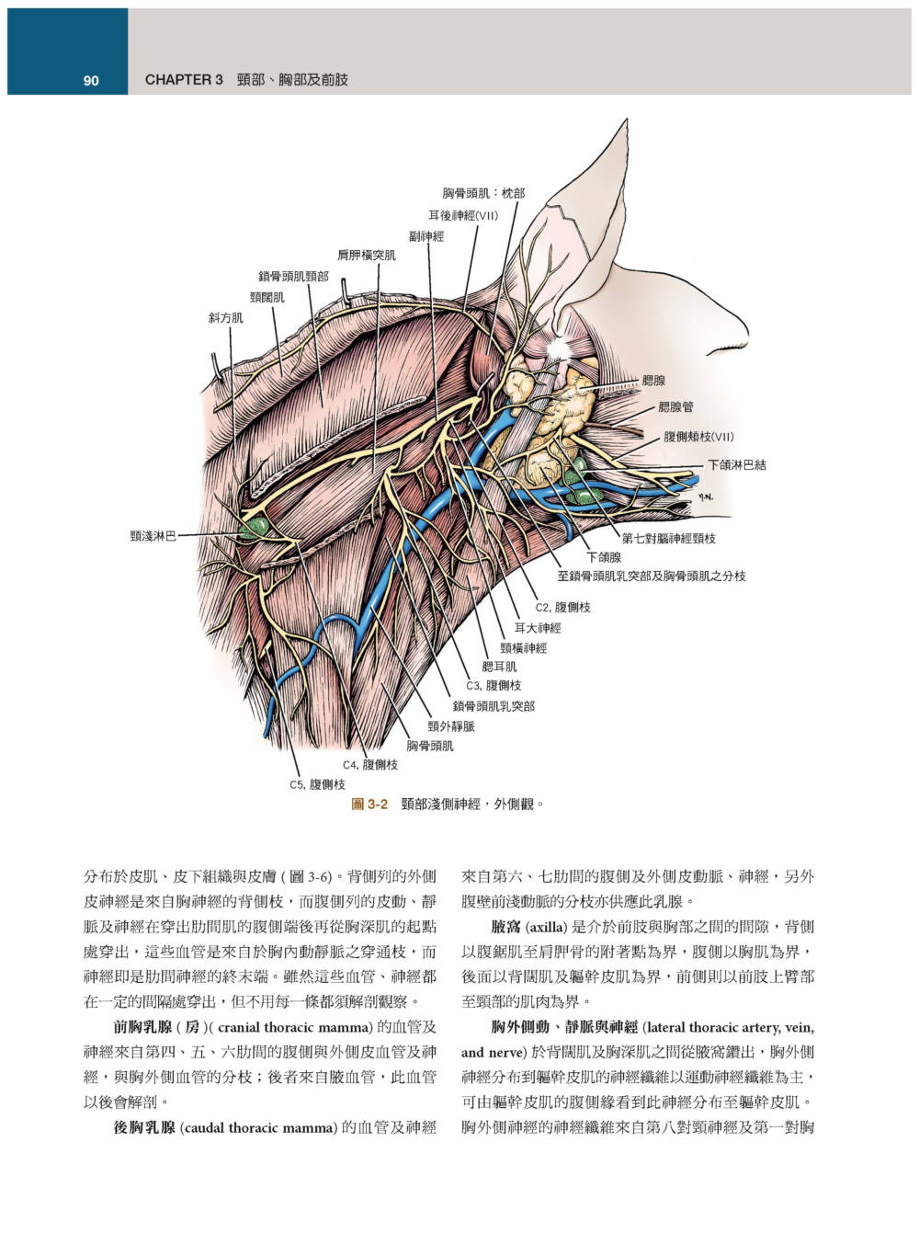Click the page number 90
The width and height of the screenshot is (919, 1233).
click(91, 81)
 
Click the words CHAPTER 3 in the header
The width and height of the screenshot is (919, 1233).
click(184, 80)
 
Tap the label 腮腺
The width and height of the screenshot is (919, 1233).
click(653, 381)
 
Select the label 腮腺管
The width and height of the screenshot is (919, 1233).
click(675, 406)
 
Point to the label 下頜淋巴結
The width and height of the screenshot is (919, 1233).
click(736, 464)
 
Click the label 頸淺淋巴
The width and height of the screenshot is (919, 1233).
click(153, 536)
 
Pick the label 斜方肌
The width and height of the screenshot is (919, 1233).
click(226, 318)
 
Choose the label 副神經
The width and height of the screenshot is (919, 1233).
click(426, 236)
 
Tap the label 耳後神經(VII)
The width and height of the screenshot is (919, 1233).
click(463, 215)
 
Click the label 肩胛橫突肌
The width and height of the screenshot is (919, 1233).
click(367, 255)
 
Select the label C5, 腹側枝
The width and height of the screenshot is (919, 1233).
click(317, 784)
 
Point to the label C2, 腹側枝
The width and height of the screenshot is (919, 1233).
click(562, 607)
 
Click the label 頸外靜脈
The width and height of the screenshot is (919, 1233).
click(451, 725)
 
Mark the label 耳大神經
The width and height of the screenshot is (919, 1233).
click(538, 627)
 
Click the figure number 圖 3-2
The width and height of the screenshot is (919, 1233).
click(369, 804)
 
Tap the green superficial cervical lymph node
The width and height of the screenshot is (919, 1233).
click(255, 528)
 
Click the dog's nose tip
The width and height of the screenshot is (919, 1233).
click(746, 336)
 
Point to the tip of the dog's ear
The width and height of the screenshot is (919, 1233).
click(626, 120)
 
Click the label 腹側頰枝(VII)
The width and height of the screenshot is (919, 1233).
click(698, 437)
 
